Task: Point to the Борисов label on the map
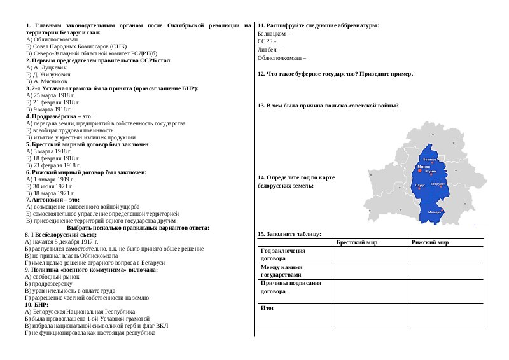[x=430, y=159]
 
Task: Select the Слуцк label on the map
[x=420, y=184]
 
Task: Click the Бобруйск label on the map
[x=438, y=184]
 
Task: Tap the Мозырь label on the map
[x=435, y=211]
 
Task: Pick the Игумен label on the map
[x=431, y=172]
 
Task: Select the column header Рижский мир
[x=430, y=242]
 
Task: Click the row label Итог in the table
[x=267, y=307]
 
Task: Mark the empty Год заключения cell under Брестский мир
[x=370, y=254]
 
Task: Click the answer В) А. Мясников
[x=48, y=82]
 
